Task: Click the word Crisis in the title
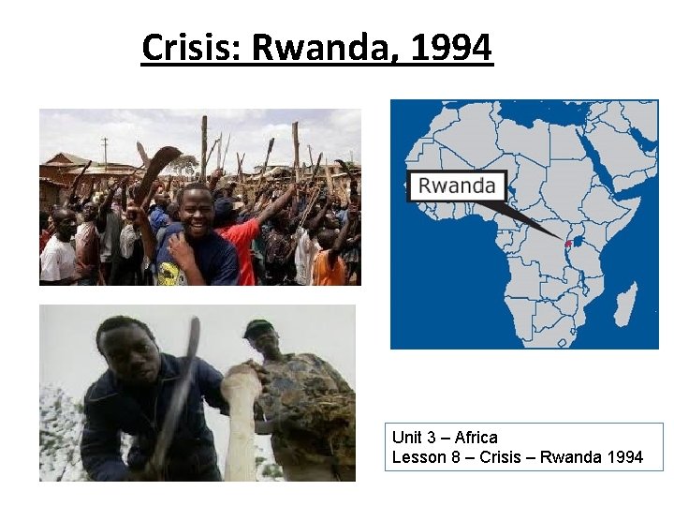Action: [x=191, y=47]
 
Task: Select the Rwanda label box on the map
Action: [x=457, y=186]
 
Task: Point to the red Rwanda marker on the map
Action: [x=568, y=244]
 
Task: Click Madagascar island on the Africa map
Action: [x=625, y=304]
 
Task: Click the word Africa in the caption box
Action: [x=476, y=438]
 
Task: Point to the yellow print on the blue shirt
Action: [x=172, y=272]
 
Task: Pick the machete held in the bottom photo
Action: [x=181, y=394]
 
